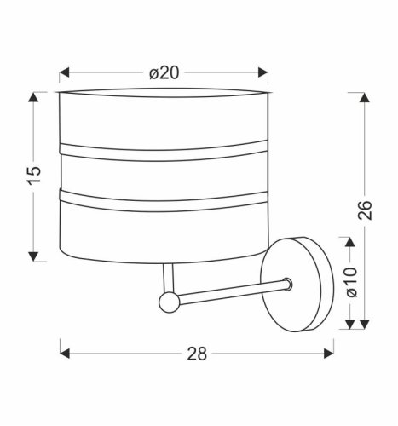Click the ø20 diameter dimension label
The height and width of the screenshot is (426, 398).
[x=164, y=73]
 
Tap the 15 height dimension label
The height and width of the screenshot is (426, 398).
[x=33, y=174]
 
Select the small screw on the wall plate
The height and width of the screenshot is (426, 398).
[x=288, y=283]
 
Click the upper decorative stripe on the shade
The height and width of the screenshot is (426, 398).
[x=163, y=152]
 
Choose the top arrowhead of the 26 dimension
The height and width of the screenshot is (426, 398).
[x=364, y=95]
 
